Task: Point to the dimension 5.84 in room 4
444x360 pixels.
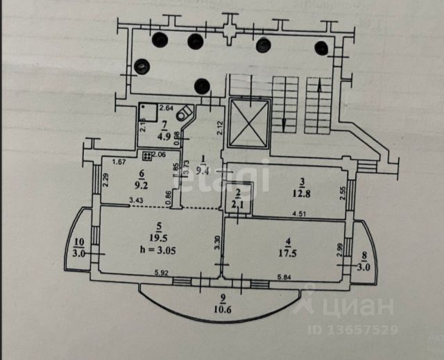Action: pyautogui.click(x=286, y=277)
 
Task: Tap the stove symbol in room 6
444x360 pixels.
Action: pyautogui.click(x=146, y=155)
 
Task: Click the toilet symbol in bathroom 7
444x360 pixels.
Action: pyautogui.click(x=185, y=114)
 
